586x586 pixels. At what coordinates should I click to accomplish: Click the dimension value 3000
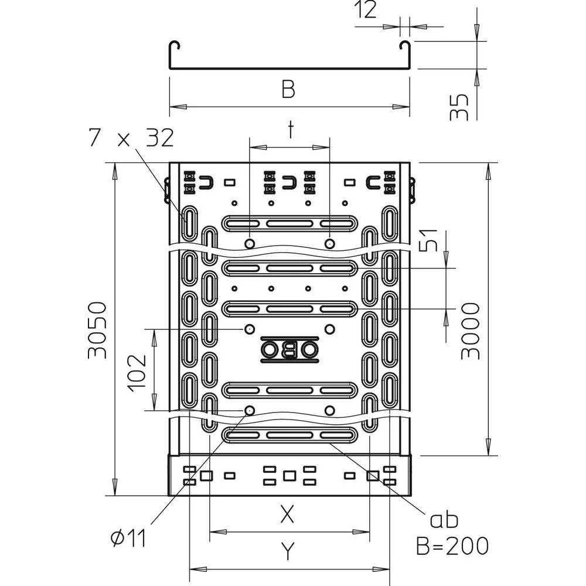click(470, 331)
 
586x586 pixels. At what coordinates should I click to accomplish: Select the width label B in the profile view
click(288, 90)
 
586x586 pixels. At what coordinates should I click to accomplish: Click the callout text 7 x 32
click(131, 138)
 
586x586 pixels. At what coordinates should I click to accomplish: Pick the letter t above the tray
click(290, 130)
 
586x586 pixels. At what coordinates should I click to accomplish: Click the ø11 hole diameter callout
click(127, 537)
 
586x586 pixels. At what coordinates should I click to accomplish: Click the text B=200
click(452, 546)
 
